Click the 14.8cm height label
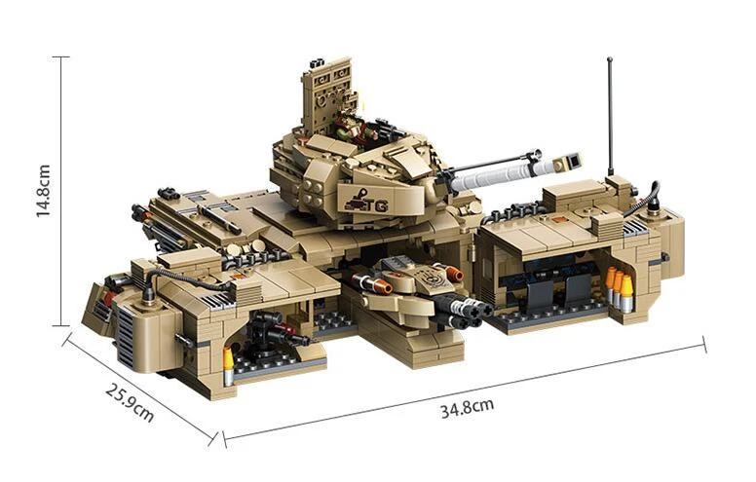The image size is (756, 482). (x=44, y=191)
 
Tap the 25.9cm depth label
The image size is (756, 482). (x=131, y=402)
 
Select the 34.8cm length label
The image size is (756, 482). (x=468, y=408)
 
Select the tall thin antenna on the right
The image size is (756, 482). (x=610, y=116)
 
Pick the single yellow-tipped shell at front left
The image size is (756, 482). (x=228, y=366)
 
